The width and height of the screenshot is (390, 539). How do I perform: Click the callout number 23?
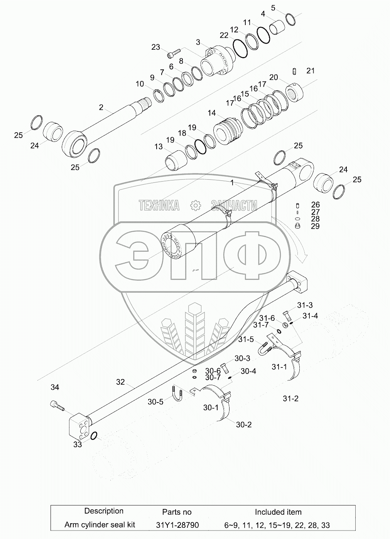point(155,47)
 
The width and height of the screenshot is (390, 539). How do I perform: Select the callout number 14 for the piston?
point(212,113)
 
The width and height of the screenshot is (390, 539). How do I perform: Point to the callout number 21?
point(311,71)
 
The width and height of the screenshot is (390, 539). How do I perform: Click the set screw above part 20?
point(295,72)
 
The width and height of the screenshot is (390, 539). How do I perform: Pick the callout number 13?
point(159,147)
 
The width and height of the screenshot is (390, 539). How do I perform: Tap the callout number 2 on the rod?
point(101,107)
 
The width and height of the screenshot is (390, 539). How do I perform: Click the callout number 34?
point(55,387)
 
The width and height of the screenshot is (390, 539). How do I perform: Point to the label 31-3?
point(305,305)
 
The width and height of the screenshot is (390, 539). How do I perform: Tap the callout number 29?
point(315,226)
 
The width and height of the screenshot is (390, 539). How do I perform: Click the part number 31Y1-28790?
point(177,525)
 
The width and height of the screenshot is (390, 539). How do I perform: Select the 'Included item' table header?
point(278,512)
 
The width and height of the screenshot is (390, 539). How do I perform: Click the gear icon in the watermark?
point(196,205)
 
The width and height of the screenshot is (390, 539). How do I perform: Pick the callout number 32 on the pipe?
point(120,382)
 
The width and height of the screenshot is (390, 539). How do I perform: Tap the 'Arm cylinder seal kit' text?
point(100,525)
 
